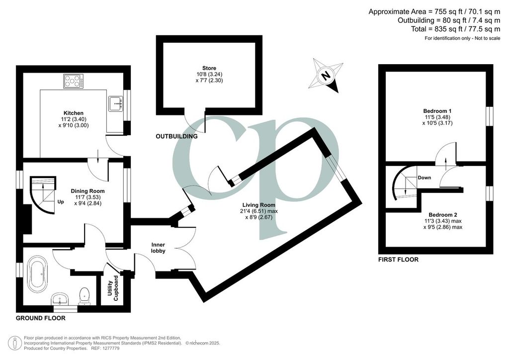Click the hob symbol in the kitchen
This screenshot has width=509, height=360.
pos(74,81)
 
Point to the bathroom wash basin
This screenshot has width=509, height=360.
pos(60,299)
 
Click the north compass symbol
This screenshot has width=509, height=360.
pos(326,75)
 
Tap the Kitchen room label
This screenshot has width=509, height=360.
pos(74,113)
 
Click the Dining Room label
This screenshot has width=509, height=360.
pos(87,191)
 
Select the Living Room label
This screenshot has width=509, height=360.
pos(258,205)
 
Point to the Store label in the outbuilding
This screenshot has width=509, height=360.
pos(209,68)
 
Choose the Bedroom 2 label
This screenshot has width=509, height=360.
pos(443,215)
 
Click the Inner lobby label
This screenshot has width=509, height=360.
pos(158,248)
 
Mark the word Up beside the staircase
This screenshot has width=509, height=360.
pos(61,201)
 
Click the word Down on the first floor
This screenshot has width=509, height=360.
pos(424,178)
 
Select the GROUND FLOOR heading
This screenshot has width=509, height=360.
pos(41,318)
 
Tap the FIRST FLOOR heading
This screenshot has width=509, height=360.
pos(398,260)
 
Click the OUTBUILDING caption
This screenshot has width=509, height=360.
pos(176,136)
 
